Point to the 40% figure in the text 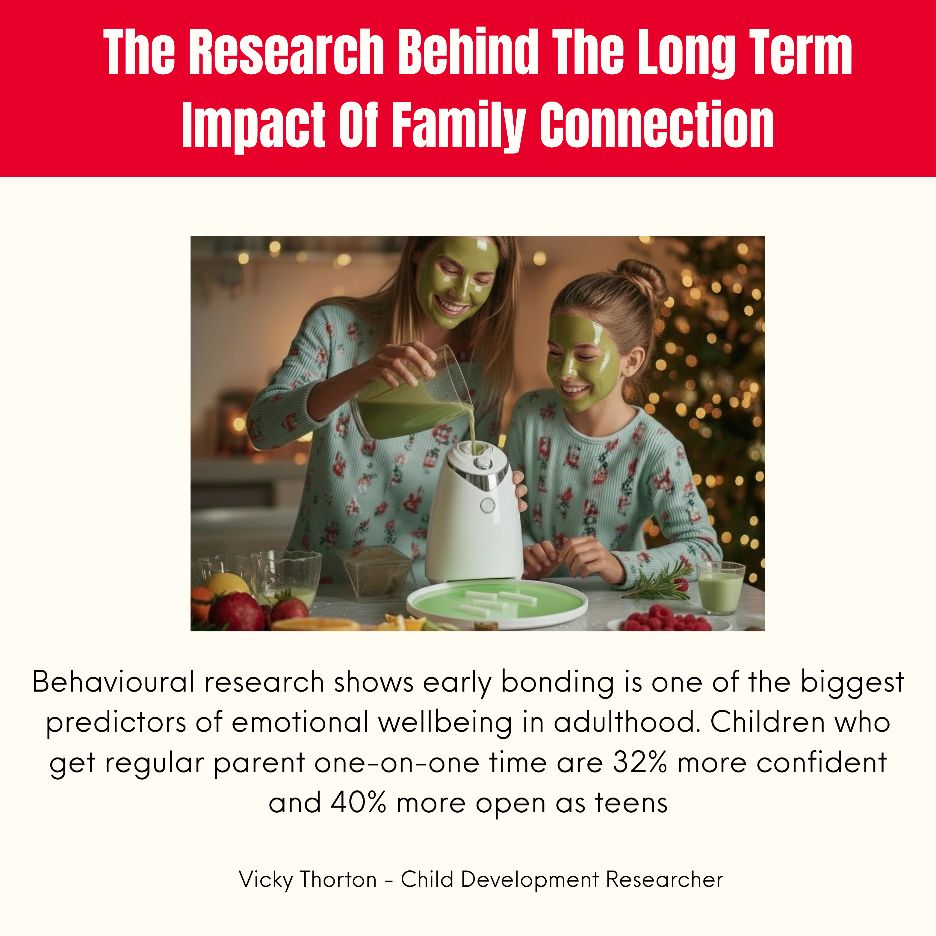click(x=359, y=803)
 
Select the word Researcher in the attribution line click(x=665, y=880)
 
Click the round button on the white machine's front click(x=487, y=505)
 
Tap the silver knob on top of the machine click(x=483, y=462)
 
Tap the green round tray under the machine click(x=497, y=603)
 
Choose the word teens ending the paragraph click(x=631, y=803)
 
